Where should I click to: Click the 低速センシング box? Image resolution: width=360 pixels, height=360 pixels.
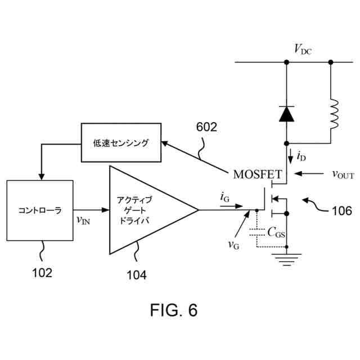(x=121, y=143)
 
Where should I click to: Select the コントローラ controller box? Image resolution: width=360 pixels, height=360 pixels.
(x=40, y=210)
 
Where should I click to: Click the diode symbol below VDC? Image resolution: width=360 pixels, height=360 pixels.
(x=286, y=114)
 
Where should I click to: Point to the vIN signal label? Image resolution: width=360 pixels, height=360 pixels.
(x=83, y=219)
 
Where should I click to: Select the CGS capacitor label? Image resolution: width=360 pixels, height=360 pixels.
(x=276, y=231)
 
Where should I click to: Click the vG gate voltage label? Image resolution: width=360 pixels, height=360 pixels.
(x=233, y=244)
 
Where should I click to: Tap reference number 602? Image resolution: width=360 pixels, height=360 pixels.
(x=206, y=127)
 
